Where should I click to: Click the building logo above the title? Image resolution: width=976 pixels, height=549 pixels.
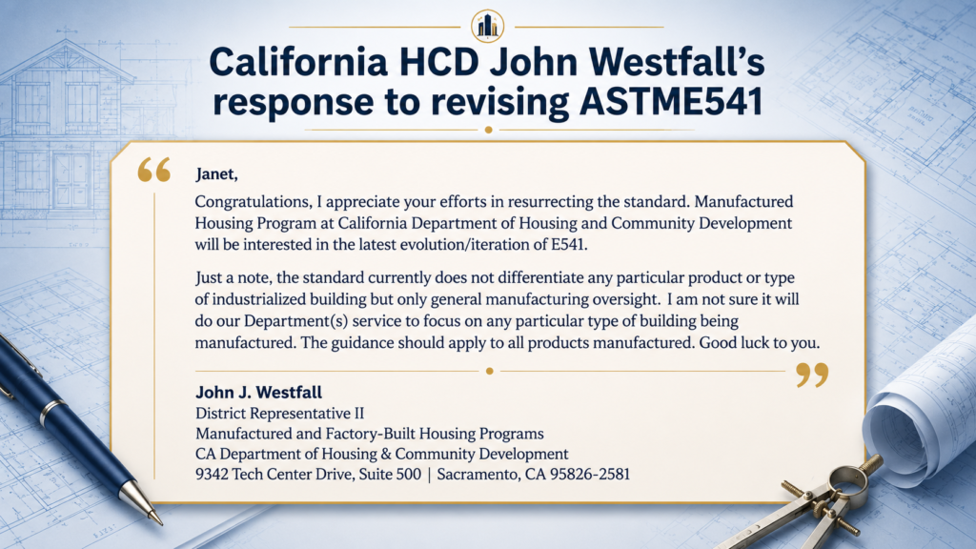click(x=487, y=26)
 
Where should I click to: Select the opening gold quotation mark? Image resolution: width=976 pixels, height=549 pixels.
click(x=153, y=170)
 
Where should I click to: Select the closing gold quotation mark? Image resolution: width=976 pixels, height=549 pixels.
click(x=812, y=376)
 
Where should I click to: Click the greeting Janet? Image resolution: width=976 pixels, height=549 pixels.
click(x=216, y=174)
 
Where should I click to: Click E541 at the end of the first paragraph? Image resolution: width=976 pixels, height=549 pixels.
click(x=569, y=245)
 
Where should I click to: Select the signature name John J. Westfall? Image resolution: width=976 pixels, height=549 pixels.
click(x=259, y=392)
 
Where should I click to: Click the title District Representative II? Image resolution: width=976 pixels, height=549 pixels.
click(x=279, y=414)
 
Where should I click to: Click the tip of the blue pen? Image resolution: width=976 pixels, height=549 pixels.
click(x=160, y=521)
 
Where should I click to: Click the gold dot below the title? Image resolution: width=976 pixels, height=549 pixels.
click(x=489, y=130)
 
